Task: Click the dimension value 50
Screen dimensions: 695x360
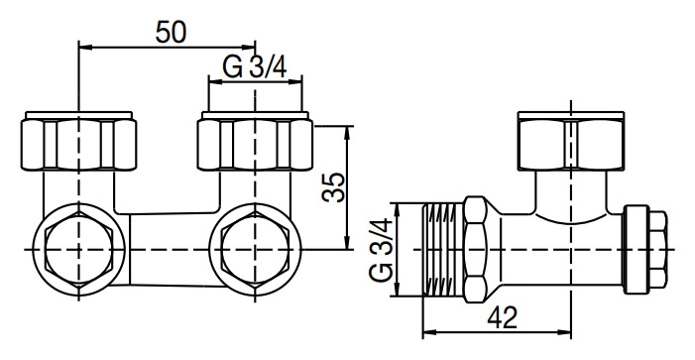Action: point(172,33)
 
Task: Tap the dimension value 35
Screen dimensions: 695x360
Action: point(333,186)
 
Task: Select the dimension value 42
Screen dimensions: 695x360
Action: point(503,317)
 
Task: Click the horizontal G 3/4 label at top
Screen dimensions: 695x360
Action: point(255,67)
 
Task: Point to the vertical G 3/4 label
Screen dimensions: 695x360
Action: point(381,249)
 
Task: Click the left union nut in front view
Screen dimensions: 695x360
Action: point(78,141)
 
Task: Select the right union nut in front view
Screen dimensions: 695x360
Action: point(255,141)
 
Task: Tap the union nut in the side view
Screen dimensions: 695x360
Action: point(571,141)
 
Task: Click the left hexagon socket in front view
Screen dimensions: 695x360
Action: point(79,249)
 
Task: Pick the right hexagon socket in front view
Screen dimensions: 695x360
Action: point(255,249)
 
